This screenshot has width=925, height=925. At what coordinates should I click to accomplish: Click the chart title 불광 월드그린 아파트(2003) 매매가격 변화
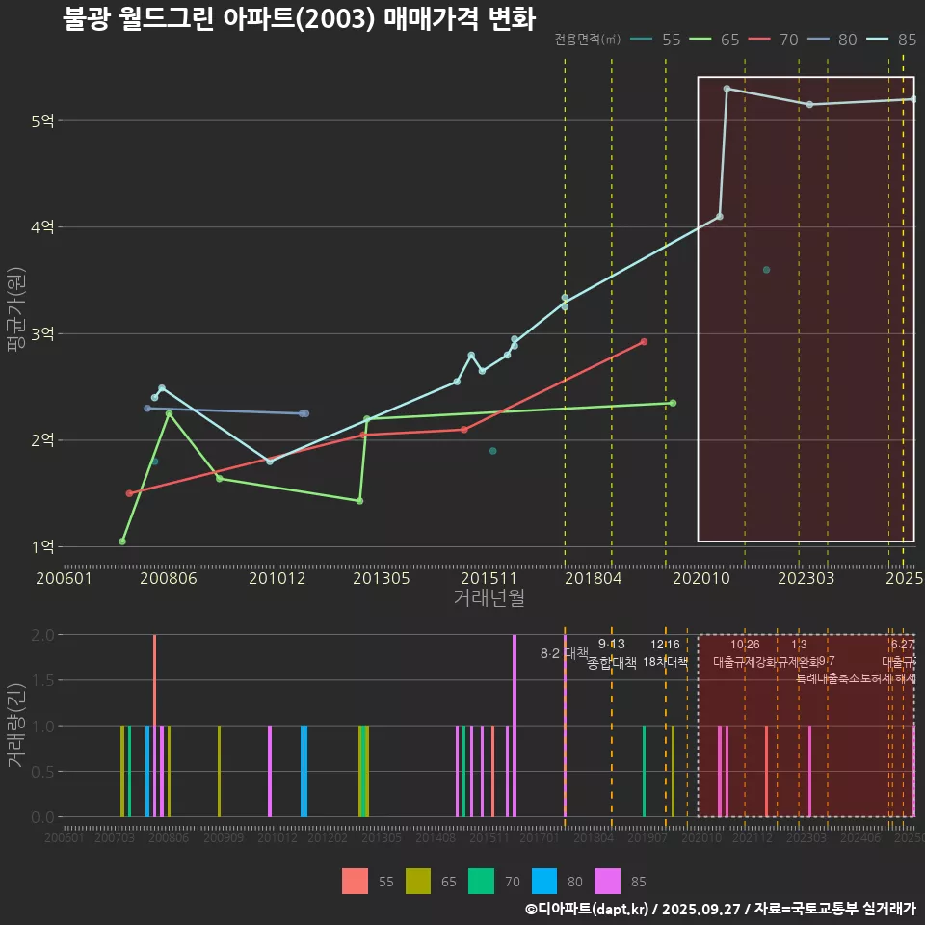(299, 18)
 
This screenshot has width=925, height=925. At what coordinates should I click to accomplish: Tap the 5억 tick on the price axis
(42, 120)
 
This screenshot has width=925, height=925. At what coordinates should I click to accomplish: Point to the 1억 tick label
(42, 546)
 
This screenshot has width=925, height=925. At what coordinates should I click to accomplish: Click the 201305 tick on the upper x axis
(382, 578)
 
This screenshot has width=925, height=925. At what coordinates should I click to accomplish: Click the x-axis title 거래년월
(489, 597)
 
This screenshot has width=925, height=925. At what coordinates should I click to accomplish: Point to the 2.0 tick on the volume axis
(41, 635)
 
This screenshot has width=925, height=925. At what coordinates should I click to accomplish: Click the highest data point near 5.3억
(727, 89)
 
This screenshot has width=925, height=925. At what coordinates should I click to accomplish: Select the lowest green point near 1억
(122, 542)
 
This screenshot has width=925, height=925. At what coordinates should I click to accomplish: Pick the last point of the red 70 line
(644, 342)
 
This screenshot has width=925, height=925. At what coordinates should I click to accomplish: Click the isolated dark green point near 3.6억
(766, 270)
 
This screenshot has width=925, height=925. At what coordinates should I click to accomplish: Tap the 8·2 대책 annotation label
(564, 653)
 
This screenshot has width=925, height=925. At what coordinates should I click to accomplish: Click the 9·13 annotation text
(611, 644)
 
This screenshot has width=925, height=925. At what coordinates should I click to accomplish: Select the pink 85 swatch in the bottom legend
(609, 882)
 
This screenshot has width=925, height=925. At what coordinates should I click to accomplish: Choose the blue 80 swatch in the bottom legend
(545, 882)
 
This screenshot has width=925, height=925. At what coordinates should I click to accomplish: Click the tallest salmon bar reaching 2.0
(154, 726)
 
